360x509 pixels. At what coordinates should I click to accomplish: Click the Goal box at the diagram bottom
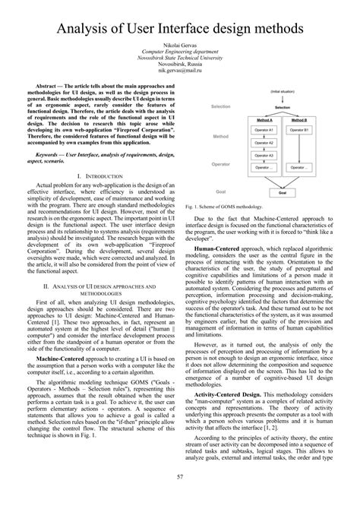(282, 193)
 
